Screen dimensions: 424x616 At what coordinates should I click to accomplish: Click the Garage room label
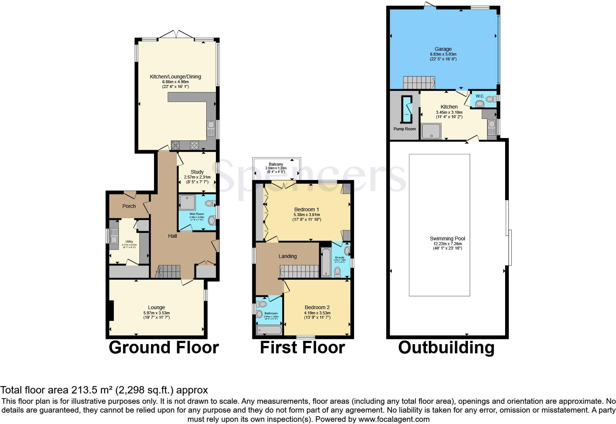coord(443,49)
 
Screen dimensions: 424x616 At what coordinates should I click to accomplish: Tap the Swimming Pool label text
coord(447,239)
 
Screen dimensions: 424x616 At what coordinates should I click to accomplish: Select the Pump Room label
coord(405,129)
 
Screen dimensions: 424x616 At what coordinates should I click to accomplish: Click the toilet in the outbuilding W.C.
coord(490,99)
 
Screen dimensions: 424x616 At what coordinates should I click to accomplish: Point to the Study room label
coord(197,172)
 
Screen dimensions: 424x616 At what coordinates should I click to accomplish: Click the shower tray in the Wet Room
coord(187,203)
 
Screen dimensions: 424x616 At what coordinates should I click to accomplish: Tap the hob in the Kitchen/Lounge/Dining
coord(194,145)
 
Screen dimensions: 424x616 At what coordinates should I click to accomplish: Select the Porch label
coord(129,206)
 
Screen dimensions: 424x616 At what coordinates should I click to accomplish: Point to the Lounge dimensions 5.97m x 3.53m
coord(157,313)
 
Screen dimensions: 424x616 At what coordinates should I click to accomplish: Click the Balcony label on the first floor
coord(276,164)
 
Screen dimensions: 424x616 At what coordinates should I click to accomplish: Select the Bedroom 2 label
coord(317,307)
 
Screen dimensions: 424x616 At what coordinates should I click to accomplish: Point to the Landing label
coord(287,256)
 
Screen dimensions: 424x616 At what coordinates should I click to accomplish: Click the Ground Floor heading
coord(164,347)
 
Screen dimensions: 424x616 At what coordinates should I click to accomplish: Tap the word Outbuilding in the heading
coord(446,347)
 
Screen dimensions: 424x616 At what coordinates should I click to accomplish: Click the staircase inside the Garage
coord(419,82)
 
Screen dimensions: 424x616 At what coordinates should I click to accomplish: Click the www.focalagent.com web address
coord(394,419)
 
